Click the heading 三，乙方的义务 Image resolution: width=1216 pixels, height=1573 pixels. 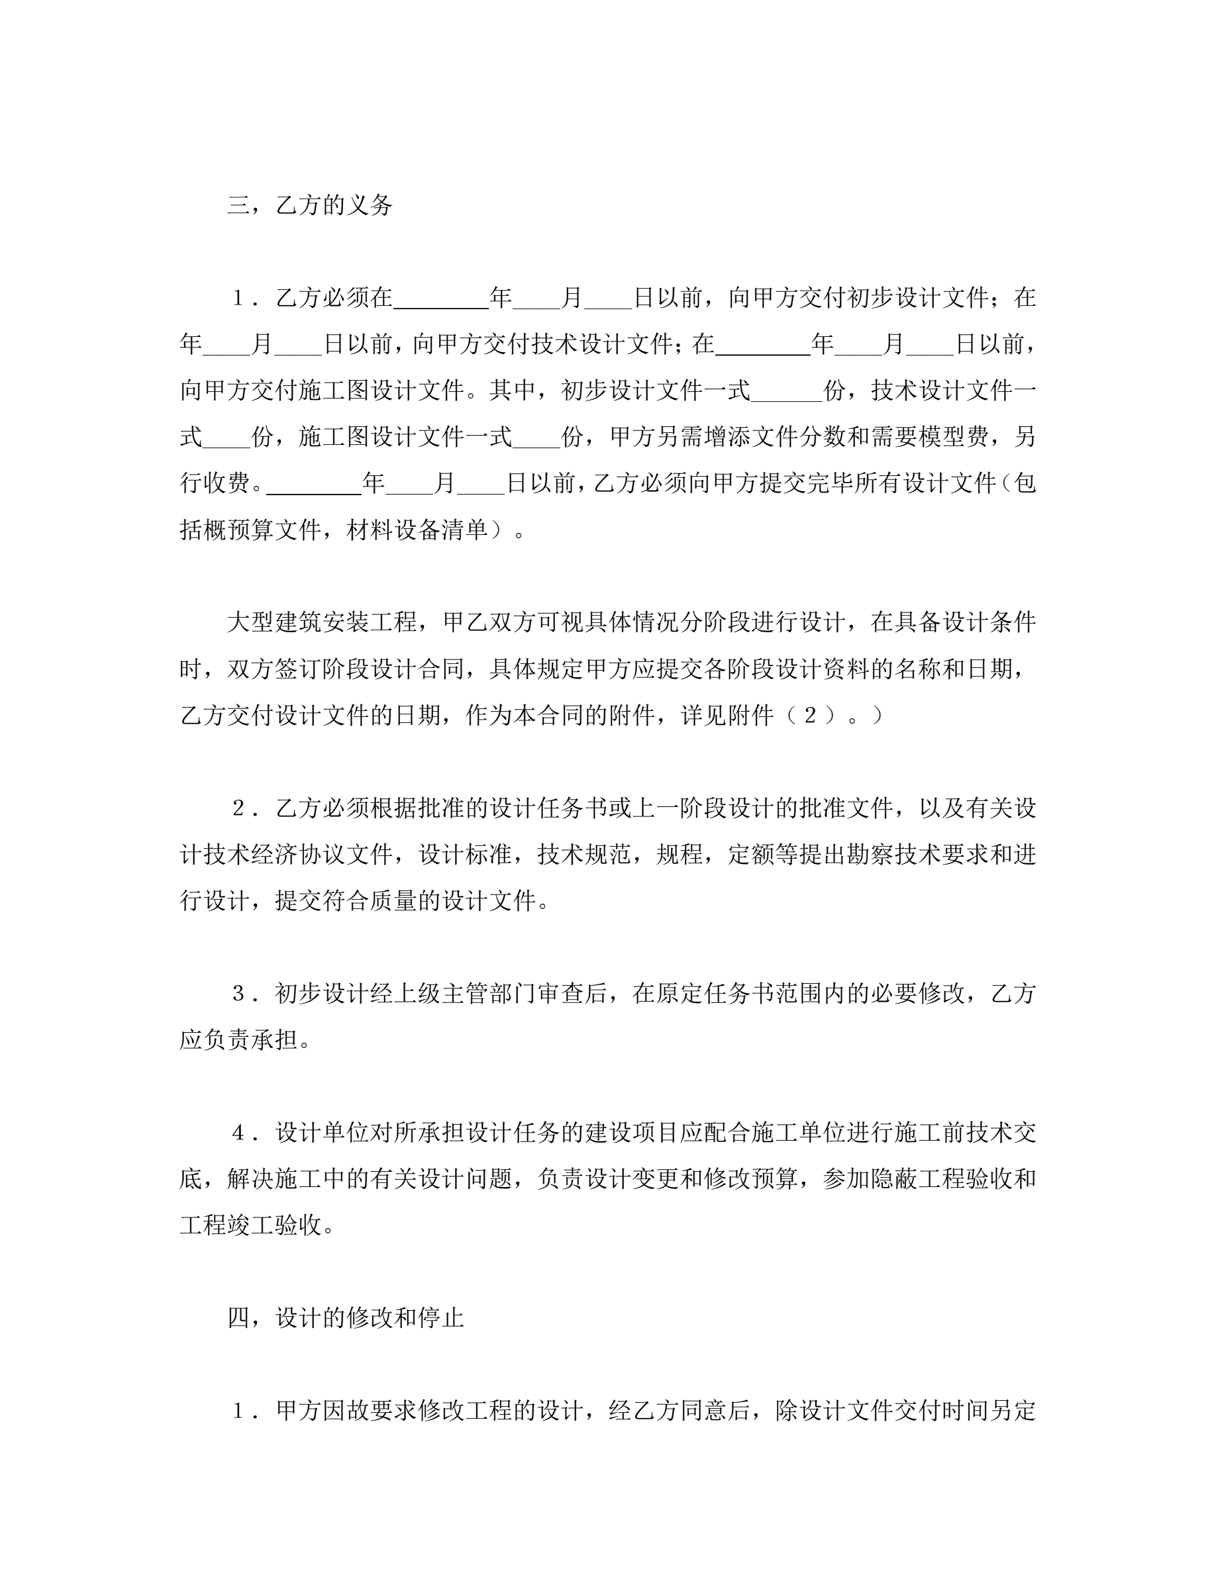(310, 206)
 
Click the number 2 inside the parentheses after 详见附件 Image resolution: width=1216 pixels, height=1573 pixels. (810, 715)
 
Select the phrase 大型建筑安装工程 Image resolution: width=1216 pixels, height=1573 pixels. (322, 622)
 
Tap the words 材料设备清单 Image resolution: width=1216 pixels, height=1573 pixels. (417, 530)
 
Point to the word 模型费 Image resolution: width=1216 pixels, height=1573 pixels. (952, 437)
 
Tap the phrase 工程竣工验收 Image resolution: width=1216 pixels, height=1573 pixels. (251, 1225)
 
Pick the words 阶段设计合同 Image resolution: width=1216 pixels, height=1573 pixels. (370, 669)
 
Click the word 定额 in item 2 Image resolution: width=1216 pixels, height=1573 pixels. (750, 855)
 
